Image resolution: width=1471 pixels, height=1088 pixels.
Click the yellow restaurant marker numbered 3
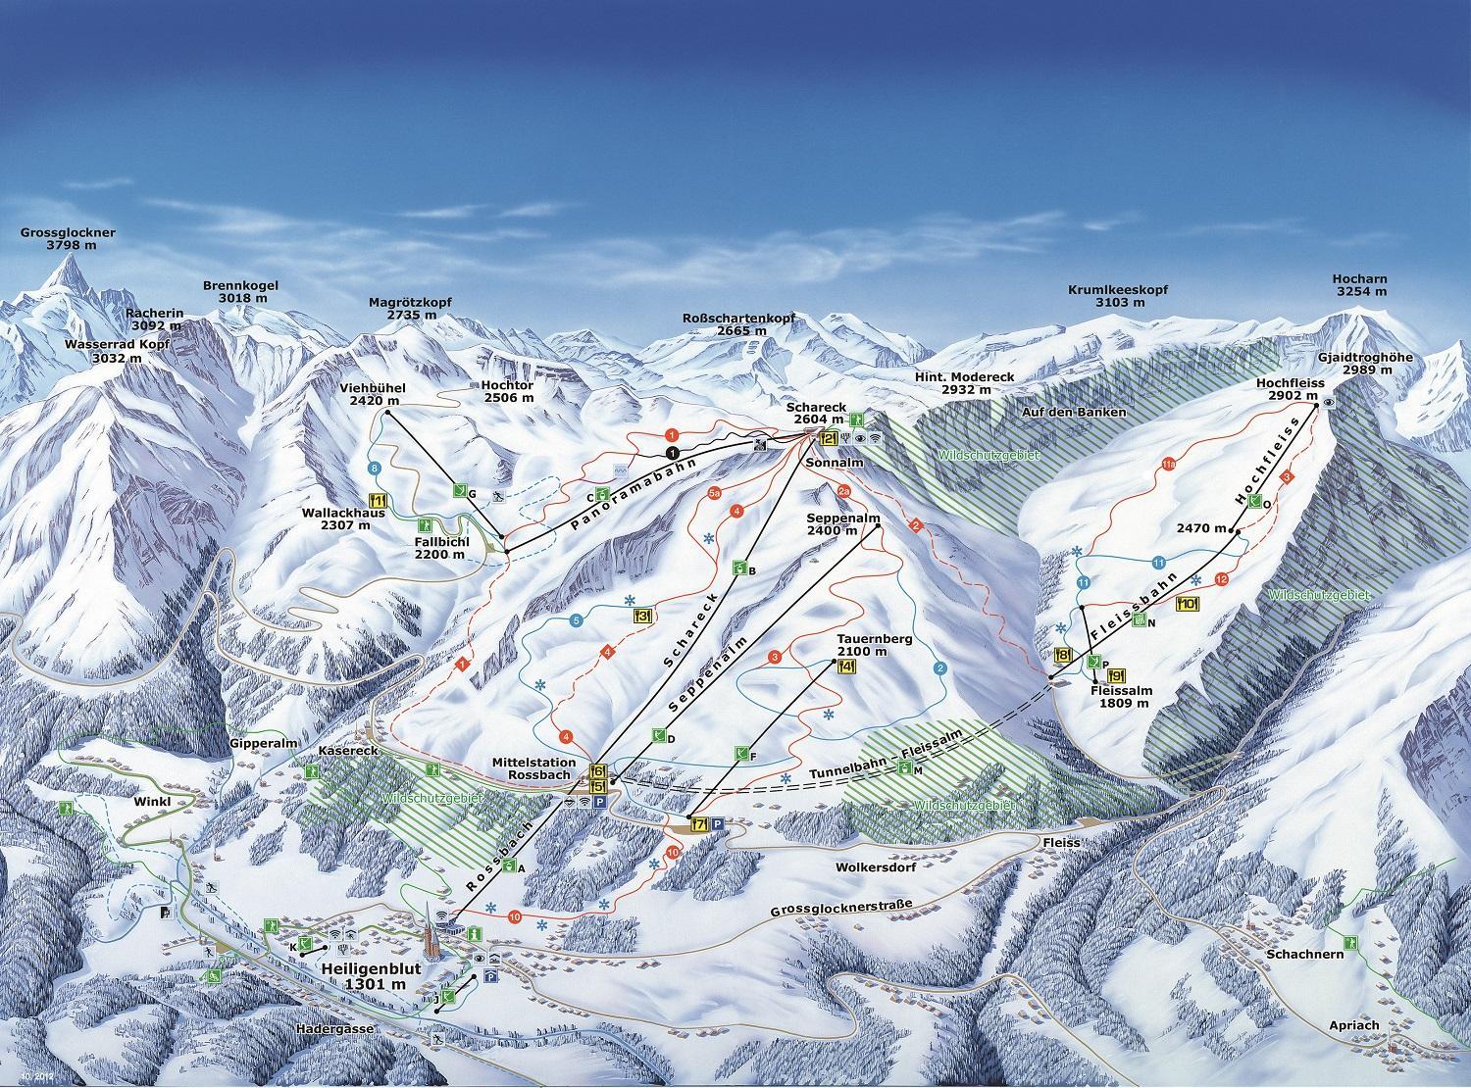click(x=643, y=617)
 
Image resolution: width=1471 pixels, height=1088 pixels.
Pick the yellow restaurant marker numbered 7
click(x=698, y=824)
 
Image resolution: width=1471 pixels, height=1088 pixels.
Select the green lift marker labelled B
click(x=740, y=568)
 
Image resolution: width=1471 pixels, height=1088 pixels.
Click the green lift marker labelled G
click(x=459, y=490)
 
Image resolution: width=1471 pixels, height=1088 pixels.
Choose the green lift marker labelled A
click(x=508, y=865)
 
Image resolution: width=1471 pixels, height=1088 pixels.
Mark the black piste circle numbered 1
click(x=672, y=452)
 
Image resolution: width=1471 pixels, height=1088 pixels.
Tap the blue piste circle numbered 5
click(x=576, y=620)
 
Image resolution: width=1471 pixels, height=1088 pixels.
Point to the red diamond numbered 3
click(x=1288, y=475)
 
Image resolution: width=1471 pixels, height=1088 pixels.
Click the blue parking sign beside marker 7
click(x=717, y=824)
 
